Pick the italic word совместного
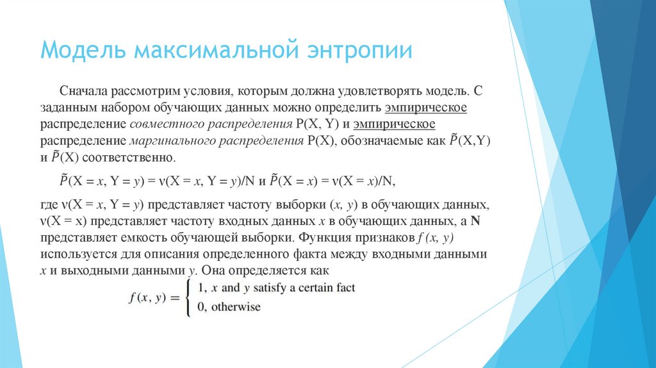click(163, 124)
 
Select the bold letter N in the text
click(475, 221)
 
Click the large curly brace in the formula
click(188, 297)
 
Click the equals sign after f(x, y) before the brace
click(174, 298)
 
